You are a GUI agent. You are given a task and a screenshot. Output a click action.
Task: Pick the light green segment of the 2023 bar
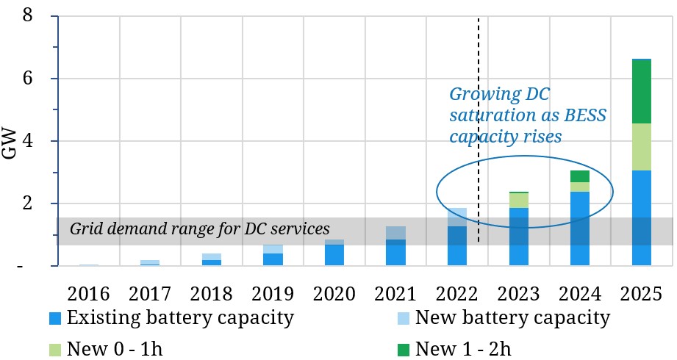(x=519, y=200)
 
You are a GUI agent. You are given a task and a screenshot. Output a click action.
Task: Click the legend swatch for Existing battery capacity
(x=54, y=319)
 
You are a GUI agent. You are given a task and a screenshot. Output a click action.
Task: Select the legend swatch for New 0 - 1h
(x=54, y=348)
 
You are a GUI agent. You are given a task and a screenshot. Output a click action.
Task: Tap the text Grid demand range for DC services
(x=199, y=228)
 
